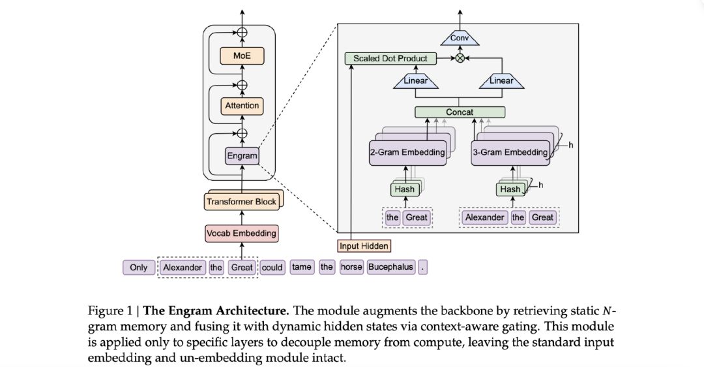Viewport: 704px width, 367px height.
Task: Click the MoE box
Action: click(x=242, y=56)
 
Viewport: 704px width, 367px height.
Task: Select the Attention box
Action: click(x=242, y=106)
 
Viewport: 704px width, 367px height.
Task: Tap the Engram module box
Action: click(x=242, y=156)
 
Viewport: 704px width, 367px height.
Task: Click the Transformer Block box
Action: click(x=241, y=202)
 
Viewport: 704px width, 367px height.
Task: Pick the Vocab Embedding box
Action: click(x=241, y=233)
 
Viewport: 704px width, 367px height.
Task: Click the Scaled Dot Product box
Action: click(x=390, y=59)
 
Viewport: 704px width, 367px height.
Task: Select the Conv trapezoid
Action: click(x=460, y=39)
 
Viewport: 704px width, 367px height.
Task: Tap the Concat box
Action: click(x=460, y=112)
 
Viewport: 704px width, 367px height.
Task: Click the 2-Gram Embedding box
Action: click(x=408, y=152)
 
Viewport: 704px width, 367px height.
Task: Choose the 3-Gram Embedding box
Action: click(x=510, y=152)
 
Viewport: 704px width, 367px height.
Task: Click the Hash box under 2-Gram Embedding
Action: click(x=404, y=189)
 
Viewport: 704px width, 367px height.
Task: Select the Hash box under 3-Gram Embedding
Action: click(x=510, y=189)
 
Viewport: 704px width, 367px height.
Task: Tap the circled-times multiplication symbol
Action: click(x=460, y=59)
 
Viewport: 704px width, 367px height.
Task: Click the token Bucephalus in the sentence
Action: click(x=391, y=267)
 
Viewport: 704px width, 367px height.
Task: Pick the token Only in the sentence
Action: click(x=139, y=267)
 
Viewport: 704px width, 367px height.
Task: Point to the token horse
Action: click(x=351, y=267)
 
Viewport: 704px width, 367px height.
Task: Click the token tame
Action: click(x=301, y=267)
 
